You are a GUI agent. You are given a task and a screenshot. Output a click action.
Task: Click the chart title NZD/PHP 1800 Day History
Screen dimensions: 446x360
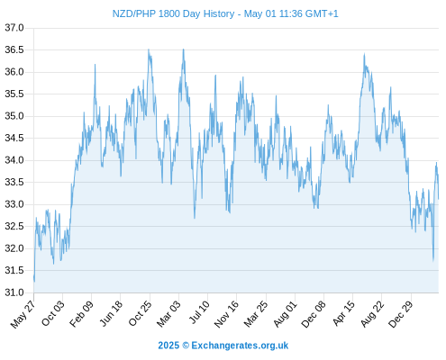(173, 13)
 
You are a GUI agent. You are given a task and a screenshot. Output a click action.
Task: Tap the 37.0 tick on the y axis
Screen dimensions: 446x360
(14, 28)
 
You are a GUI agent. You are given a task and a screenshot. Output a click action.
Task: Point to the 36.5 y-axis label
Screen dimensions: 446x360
(14, 49)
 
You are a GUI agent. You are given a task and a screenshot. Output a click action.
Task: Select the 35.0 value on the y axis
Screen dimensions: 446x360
(14, 116)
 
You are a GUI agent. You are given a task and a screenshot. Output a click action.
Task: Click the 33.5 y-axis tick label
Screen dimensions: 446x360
(14, 183)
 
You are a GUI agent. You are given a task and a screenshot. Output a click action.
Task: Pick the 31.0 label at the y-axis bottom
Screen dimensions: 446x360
(14, 292)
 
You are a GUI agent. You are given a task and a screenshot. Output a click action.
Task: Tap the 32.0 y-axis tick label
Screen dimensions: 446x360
(14, 248)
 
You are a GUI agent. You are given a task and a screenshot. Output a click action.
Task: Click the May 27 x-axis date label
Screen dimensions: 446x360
(23, 314)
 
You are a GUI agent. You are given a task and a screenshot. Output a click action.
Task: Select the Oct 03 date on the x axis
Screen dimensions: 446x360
(52, 313)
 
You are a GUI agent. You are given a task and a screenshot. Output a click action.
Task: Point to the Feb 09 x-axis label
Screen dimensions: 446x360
(81, 314)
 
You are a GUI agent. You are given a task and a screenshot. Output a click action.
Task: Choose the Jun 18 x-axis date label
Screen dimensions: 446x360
(111, 313)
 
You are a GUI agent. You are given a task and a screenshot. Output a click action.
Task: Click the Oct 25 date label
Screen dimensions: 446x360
(140, 313)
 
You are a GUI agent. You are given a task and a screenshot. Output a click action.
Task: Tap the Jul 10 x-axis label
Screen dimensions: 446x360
(198, 312)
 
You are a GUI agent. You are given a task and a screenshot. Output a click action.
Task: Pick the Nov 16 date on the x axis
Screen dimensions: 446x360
(226, 314)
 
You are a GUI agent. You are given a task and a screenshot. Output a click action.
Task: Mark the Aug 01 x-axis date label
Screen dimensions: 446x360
(285, 314)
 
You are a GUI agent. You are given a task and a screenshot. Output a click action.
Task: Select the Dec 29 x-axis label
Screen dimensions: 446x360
(401, 314)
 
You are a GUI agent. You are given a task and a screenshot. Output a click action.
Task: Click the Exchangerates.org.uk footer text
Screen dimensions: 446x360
(240, 346)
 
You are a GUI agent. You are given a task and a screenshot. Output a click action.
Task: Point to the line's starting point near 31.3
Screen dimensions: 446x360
(34, 278)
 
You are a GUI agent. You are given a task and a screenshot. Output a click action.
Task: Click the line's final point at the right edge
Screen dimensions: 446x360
(439, 199)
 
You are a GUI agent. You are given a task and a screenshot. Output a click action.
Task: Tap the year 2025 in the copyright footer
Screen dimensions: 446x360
(168, 346)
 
